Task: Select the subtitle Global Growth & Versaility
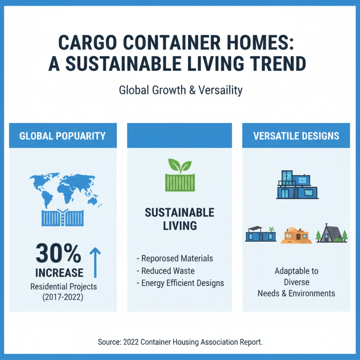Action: click(x=180, y=90)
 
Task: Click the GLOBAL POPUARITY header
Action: click(x=63, y=135)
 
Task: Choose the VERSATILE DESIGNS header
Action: click(x=296, y=135)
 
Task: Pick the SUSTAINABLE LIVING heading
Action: click(x=180, y=219)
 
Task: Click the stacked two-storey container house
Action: click(x=296, y=184)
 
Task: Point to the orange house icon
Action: click(x=296, y=235)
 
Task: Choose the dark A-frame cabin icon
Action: click(x=330, y=233)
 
